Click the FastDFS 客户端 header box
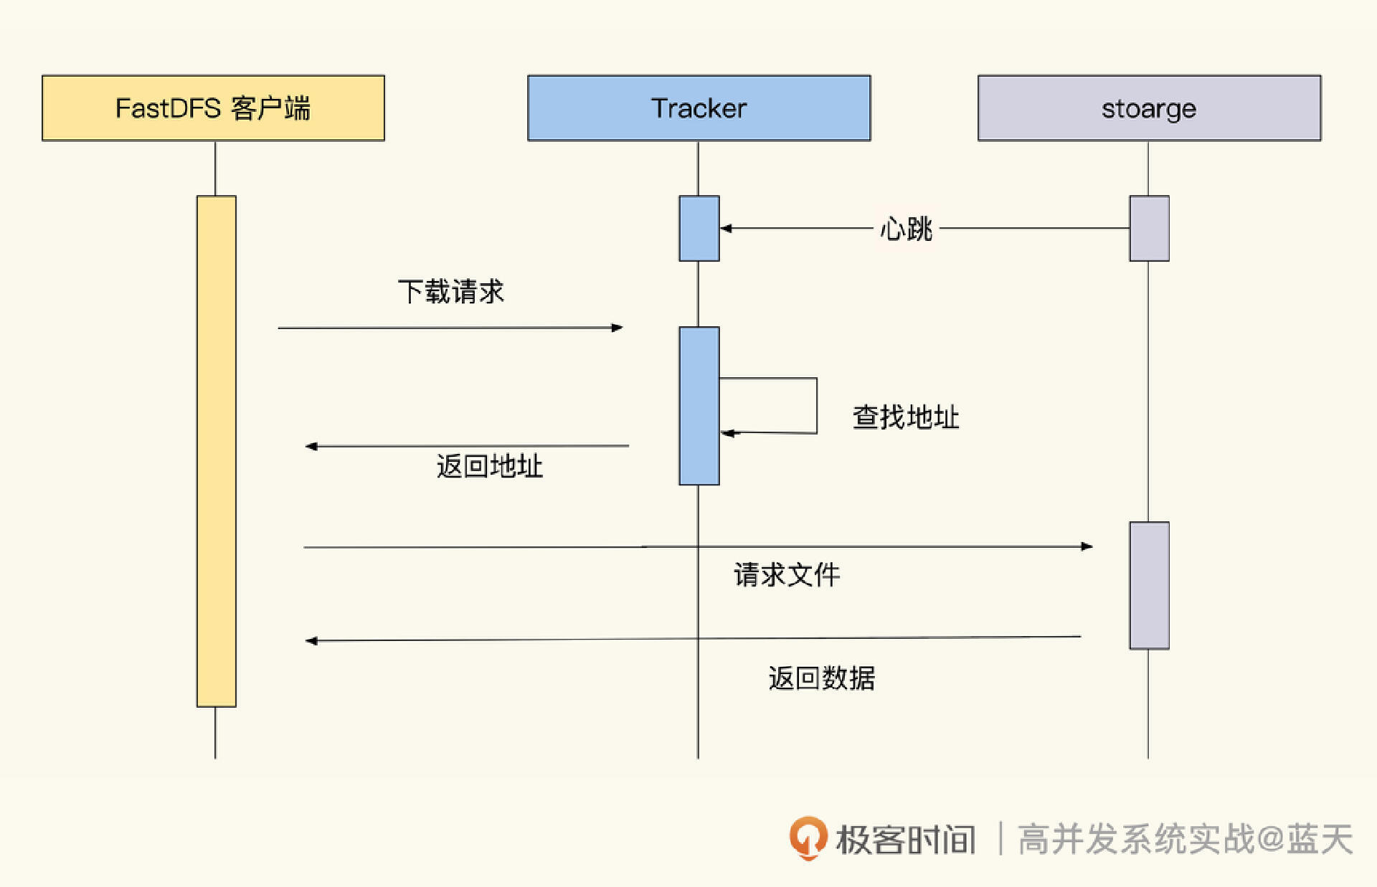tap(213, 108)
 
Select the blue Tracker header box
tap(699, 108)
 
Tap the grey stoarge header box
tap(1149, 108)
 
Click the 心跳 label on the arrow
tap(906, 229)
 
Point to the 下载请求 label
tap(450, 292)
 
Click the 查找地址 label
tap(905, 417)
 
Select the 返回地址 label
tap(489, 466)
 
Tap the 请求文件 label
tap(786, 574)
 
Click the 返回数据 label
tap(821, 678)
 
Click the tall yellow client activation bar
tap(216, 452)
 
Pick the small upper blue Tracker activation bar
tap(699, 228)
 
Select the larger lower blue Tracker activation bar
tap(699, 406)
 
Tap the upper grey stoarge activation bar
tap(1149, 228)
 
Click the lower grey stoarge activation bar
tap(1149, 585)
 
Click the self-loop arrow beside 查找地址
tap(816, 406)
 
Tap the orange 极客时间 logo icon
tap(808, 838)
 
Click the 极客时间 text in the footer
tap(905, 840)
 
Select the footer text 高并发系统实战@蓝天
tap(1185, 839)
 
